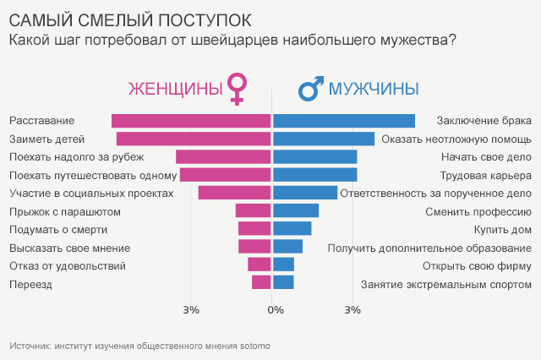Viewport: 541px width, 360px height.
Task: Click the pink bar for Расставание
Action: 191,121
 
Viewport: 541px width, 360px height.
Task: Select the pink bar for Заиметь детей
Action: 194,139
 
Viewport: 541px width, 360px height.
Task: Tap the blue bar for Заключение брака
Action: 344,121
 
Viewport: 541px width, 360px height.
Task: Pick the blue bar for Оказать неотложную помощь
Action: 324,139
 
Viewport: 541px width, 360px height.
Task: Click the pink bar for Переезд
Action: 261,282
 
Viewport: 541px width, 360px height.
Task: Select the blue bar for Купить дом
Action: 292,228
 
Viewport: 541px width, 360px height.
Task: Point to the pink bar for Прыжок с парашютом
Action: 253,210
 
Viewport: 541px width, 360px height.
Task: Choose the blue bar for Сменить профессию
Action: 296,210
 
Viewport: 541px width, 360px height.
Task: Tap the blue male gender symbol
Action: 309,88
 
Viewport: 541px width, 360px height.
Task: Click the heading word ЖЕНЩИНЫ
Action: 175,89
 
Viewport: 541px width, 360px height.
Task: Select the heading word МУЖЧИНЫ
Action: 374,89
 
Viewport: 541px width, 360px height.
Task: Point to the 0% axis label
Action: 275,310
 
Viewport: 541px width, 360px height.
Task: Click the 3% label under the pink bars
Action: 191,310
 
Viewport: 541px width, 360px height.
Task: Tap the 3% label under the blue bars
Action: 352,310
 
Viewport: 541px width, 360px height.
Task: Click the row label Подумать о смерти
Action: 57,229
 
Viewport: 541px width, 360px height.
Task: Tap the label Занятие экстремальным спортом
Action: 445,284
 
